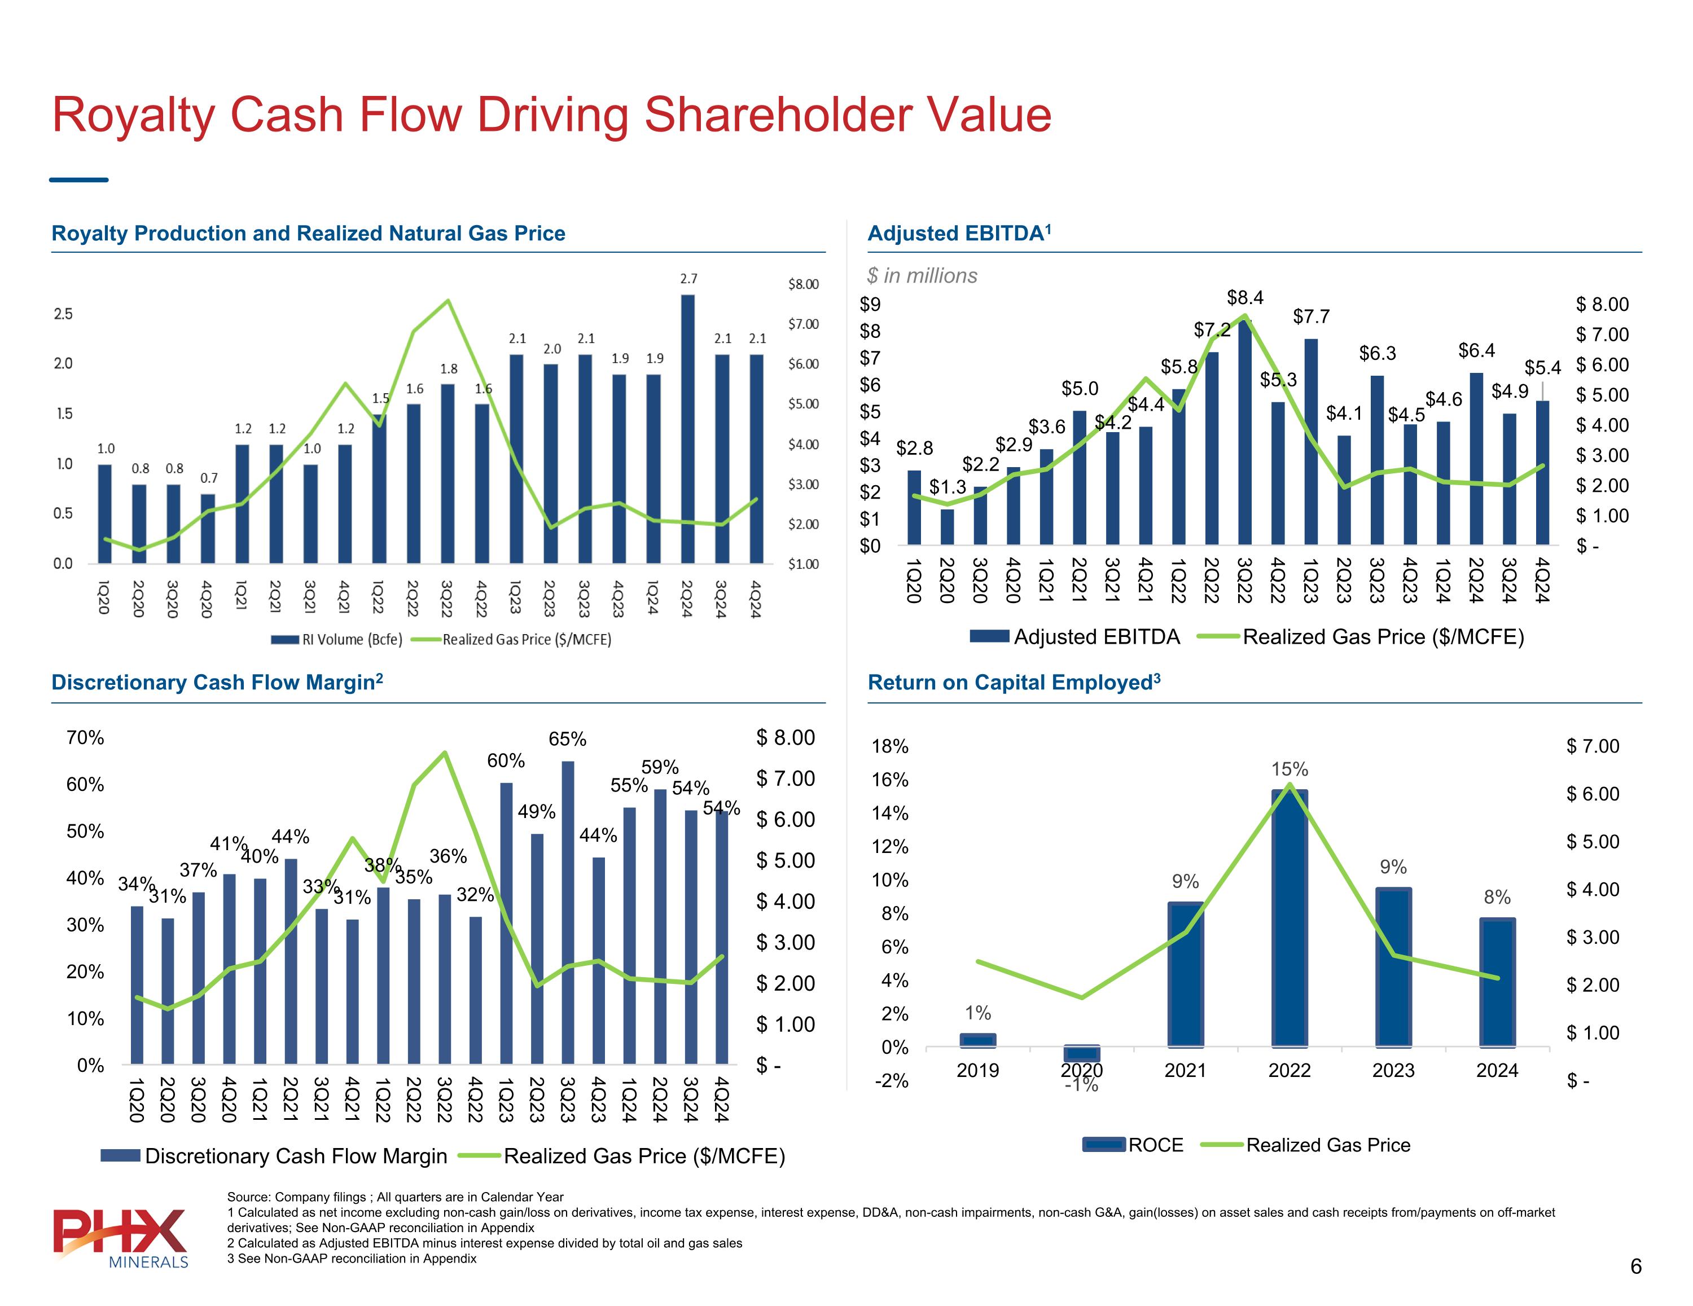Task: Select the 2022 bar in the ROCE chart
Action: [x=1289, y=918]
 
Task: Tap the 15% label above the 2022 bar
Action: [x=1289, y=769]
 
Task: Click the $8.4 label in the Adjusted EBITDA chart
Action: [x=1245, y=298]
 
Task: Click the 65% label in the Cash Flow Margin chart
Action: [x=567, y=740]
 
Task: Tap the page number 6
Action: [x=1635, y=1267]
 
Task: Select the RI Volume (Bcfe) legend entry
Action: [x=338, y=639]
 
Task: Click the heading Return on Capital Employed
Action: [x=1013, y=683]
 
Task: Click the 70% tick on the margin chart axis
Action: [x=85, y=737]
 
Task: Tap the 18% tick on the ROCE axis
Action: [x=890, y=746]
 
